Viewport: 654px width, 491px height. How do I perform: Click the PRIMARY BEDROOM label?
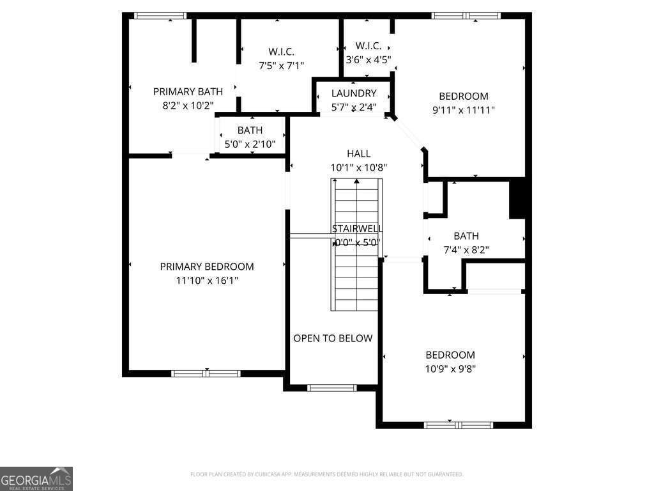[206, 267]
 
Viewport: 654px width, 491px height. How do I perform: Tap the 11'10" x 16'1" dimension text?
[206, 280]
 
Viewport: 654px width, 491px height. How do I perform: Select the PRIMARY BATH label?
[188, 91]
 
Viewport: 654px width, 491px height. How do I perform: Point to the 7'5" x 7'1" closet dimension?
[281, 65]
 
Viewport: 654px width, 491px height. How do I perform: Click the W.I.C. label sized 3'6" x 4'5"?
[368, 46]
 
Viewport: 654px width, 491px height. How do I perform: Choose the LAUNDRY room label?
[354, 93]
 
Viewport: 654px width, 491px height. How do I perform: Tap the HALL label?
[358, 153]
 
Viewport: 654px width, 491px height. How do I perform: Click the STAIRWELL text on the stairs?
[357, 228]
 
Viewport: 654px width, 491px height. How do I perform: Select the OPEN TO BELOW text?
[333, 338]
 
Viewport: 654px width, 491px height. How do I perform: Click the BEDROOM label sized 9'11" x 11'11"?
[463, 96]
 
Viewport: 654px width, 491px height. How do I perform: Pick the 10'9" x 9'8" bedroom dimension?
[450, 368]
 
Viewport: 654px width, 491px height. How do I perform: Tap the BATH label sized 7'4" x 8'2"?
[466, 236]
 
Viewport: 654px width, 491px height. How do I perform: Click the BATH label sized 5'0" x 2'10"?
[250, 130]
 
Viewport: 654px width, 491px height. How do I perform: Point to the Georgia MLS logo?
[36, 478]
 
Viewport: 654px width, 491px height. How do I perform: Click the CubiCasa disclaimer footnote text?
[326, 474]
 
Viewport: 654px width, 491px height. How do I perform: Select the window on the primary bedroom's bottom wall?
[206, 373]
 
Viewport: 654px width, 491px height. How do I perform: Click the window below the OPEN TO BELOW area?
[332, 387]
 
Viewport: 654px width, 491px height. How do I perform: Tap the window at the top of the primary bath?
[160, 15]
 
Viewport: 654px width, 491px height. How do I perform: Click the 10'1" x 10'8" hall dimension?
[358, 168]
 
